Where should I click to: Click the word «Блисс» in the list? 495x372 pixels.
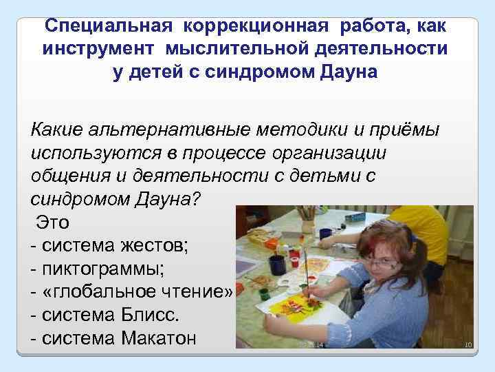pyautogui.click(x=147, y=316)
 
